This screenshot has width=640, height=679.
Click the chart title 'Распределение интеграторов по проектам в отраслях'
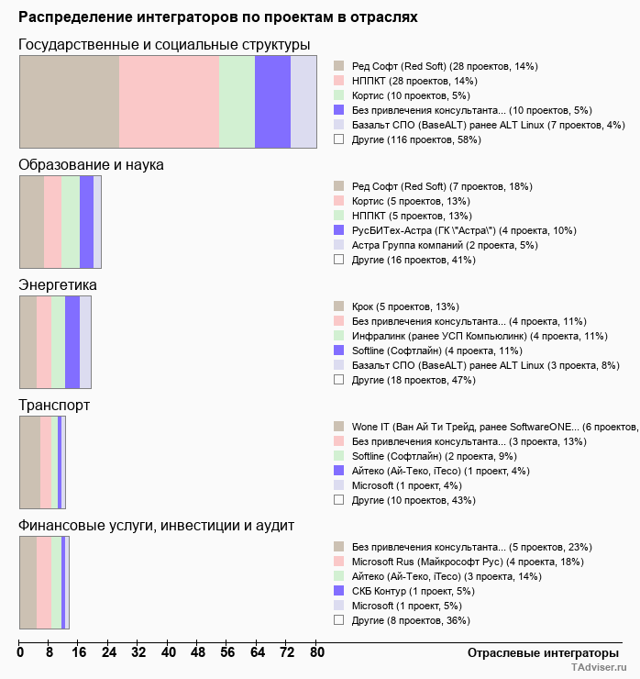[218, 17]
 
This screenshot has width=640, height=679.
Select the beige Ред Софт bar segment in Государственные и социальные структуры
[70, 101]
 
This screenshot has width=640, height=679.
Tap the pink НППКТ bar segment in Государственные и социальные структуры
[170, 101]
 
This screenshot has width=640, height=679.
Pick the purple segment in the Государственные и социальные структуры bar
[272, 101]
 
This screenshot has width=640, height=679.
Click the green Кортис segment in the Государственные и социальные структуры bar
[237, 101]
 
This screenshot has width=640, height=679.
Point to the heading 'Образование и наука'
[92, 165]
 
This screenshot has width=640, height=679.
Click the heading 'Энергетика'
[58, 285]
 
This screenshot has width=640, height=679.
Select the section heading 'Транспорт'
[54, 406]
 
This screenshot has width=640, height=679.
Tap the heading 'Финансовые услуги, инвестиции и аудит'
[156, 526]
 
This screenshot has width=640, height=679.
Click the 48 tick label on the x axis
[198, 653]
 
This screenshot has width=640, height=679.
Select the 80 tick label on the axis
[316, 653]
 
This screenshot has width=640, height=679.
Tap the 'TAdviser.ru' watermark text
[601, 669]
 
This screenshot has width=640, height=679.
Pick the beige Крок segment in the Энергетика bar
[28, 342]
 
